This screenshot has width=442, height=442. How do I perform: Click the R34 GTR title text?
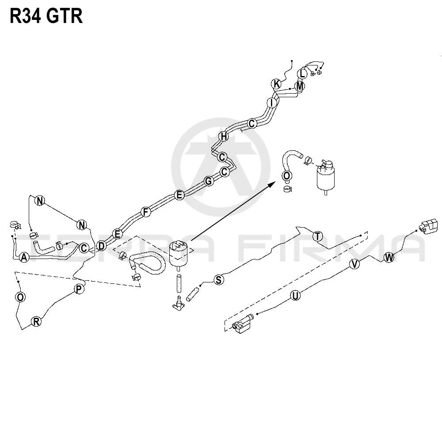tap(46, 16)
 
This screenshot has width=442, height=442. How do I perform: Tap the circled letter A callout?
tap(24, 257)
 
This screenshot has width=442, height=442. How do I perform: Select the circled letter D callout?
tap(101, 246)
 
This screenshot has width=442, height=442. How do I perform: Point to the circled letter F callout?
tap(146, 212)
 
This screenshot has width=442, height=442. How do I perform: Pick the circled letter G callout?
tap(209, 181)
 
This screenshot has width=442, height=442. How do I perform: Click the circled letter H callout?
tap(224, 137)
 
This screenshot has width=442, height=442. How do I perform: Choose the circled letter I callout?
tap(272, 103)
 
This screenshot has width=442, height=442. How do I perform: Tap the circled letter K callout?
tap(277, 84)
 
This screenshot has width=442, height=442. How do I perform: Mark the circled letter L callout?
tap(302, 74)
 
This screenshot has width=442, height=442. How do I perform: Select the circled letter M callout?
tap(300, 86)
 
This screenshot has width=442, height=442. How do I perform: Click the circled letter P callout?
tap(79, 289)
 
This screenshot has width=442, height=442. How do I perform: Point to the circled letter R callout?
tap(36, 321)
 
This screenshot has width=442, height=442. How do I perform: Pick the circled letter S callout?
tap(219, 280)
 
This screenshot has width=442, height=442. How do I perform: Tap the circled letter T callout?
tap(318, 236)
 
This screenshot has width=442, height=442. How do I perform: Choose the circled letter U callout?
tap(295, 296)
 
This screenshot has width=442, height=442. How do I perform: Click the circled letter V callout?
tap(354, 264)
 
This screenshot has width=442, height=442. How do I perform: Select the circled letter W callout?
tap(389, 257)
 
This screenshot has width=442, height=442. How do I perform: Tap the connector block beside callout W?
tap(429, 226)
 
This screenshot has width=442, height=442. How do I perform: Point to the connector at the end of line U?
tap(243, 324)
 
